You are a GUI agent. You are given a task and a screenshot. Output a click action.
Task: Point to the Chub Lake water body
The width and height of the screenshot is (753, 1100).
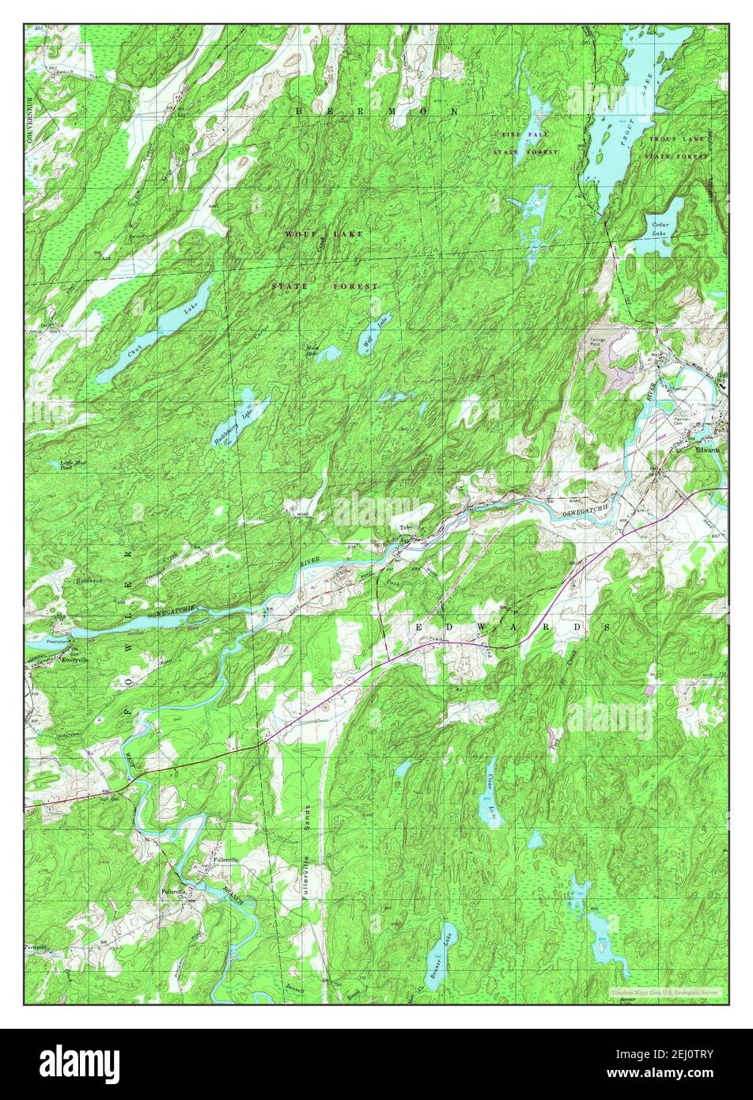pyautogui.click(x=158, y=332)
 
